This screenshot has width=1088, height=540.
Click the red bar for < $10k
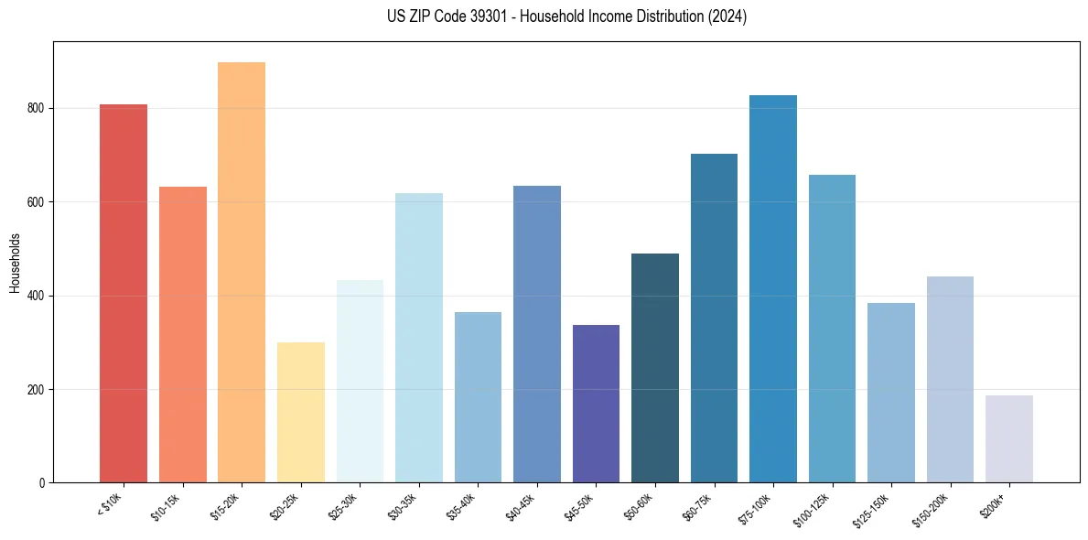[124, 293]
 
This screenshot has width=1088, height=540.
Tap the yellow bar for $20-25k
[301, 412]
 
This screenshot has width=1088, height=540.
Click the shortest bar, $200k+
[1009, 438]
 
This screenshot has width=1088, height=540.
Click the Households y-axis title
[16, 262]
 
